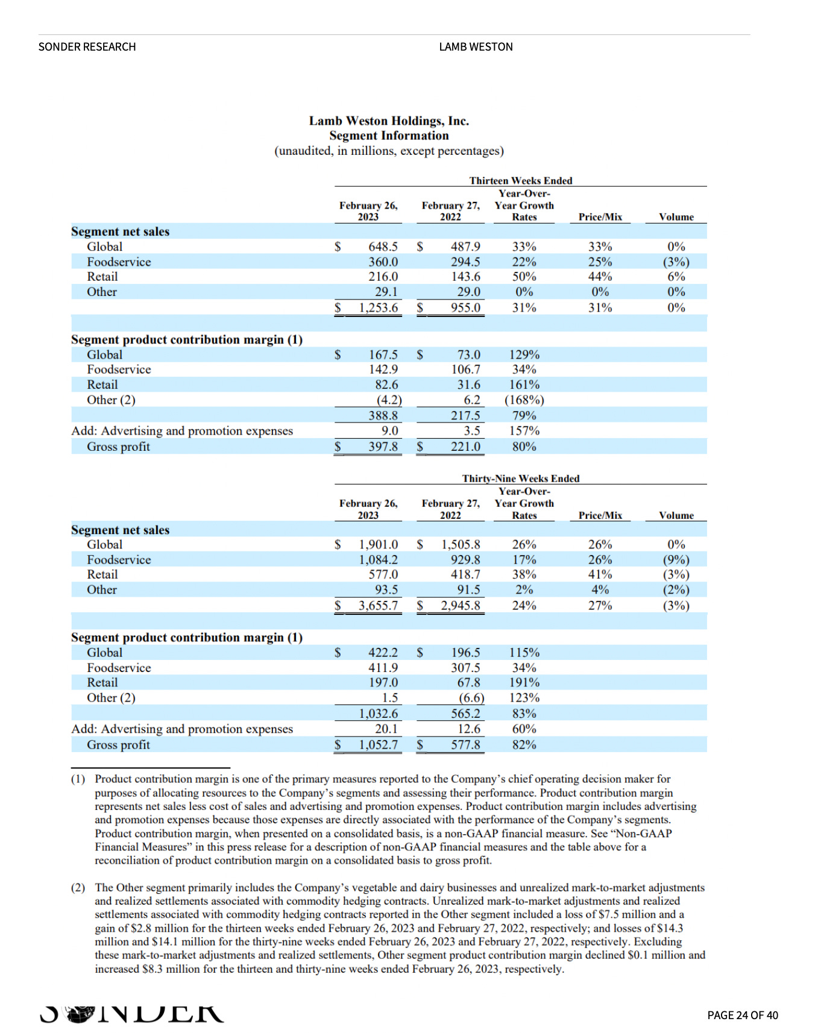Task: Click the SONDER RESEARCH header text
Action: pos(87,47)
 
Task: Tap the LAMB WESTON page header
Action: pos(476,47)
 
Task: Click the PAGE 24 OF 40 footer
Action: pos(743,1016)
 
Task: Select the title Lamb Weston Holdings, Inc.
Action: pos(389,121)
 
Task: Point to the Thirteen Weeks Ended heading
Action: pos(521,181)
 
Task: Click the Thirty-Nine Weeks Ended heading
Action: pos(521,479)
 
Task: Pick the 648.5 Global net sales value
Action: pos(383,246)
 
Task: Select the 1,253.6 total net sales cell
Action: pos(378,307)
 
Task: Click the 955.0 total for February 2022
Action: pos(465,307)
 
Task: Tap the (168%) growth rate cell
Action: pos(524,400)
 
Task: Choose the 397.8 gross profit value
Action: pos(383,447)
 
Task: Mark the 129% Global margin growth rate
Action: pos(524,354)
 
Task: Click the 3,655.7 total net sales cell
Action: pos(378,605)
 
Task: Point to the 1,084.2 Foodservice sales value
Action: pos(378,559)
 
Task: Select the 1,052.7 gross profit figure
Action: pos(378,744)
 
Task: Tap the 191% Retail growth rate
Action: pos(524,682)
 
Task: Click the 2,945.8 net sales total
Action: pos(461,605)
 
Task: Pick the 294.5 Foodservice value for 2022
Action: pos(465,262)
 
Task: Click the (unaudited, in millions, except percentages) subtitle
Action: pos(389,151)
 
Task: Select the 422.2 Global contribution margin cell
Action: pos(383,652)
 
